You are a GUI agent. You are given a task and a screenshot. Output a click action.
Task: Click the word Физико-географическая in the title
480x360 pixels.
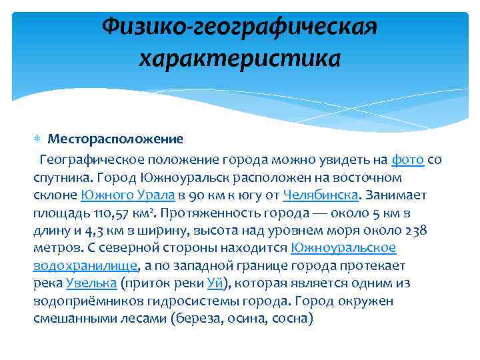click(x=240, y=27)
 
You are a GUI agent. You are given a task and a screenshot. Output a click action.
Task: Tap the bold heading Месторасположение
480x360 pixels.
click(x=115, y=139)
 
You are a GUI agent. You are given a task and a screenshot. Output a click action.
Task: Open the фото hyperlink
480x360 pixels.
click(x=408, y=161)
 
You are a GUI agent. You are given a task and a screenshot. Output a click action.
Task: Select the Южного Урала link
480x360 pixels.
click(x=128, y=195)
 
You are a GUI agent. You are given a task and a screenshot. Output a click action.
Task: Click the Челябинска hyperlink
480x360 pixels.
click(x=321, y=195)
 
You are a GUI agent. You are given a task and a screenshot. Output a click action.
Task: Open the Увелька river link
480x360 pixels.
click(x=91, y=283)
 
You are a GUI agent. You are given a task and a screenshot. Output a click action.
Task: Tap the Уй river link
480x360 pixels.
click(x=215, y=283)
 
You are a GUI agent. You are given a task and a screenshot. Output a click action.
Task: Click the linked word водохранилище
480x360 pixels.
click(x=85, y=265)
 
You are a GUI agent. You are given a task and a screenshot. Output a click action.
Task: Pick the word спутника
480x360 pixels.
click(x=61, y=178)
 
